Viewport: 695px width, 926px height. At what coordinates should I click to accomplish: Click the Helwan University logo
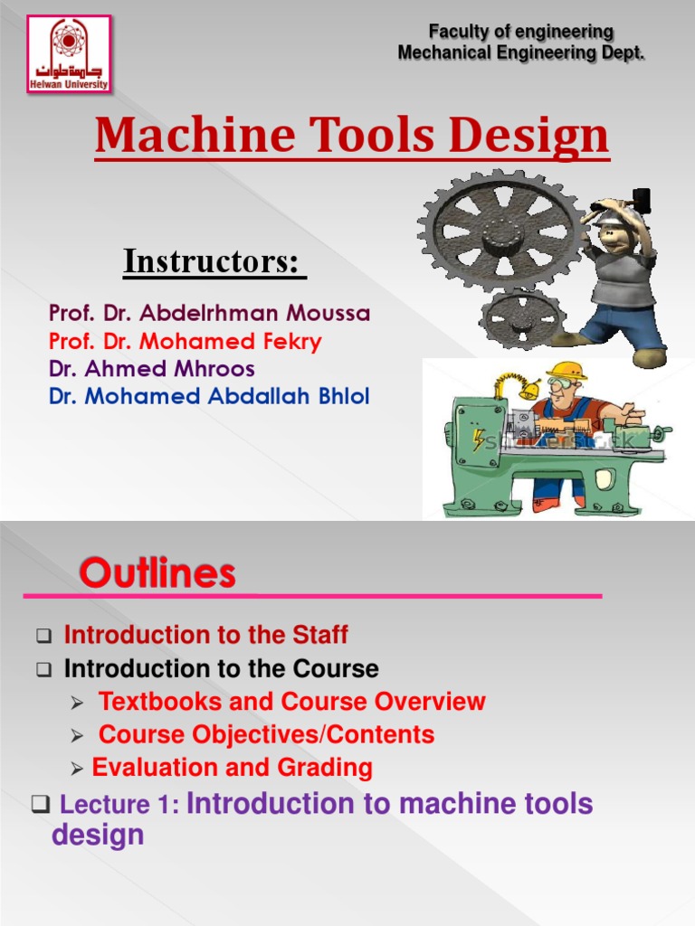click(69, 53)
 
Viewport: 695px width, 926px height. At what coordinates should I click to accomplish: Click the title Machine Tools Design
click(352, 136)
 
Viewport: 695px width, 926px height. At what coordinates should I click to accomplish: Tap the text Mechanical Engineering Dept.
click(521, 53)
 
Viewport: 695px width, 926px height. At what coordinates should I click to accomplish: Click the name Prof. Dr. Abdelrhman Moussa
click(209, 314)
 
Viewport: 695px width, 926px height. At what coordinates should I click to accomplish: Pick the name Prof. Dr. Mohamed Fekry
click(185, 341)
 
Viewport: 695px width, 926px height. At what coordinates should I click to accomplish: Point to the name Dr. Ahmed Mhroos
click(152, 369)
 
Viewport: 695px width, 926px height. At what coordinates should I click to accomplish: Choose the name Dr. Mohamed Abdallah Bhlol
click(209, 396)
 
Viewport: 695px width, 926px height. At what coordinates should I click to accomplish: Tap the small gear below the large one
click(521, 318)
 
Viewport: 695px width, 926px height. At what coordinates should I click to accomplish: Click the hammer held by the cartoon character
click(642, 199)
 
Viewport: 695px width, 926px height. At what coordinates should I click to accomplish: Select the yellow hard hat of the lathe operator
click(566, 370)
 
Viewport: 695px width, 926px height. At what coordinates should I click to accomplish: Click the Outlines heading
click(157, 572)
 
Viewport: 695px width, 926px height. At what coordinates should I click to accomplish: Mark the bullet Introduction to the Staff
click(205, 635)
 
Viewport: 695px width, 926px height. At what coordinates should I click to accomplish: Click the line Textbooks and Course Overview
click(291, 701)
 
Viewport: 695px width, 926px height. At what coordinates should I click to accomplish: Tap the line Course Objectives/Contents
click(266, 734)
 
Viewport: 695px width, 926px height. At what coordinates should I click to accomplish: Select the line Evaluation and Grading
click(233, 768)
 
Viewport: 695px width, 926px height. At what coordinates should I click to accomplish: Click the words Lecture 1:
click(119, 806)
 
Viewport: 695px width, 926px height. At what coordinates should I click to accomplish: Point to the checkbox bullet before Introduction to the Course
click(43, 670)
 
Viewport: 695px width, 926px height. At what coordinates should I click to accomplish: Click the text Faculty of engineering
click(521, 33)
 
